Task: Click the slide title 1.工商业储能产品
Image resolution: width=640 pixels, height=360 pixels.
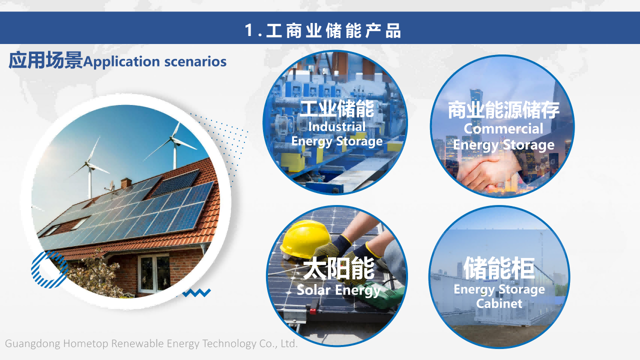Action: pyautogui.click(x=323, y=30)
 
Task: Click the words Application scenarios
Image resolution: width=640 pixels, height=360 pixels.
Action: pyautogui.click(x=155, y=61)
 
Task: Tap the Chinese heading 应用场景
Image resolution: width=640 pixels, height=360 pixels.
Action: pyautogui.click(x=45, y=60)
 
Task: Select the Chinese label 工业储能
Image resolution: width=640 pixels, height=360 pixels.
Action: pyautogui.click(x=337, y=108)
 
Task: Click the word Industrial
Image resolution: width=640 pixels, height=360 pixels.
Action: pyautogui.click(x=337, y=126)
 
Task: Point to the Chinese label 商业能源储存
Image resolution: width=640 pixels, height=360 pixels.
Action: pyautogui.click(x=503, y=110)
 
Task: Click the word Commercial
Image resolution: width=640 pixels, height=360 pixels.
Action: pyautogui.click(x=503, y=128)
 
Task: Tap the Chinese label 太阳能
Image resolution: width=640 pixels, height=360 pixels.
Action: pyautogui.click(x=338, y=268)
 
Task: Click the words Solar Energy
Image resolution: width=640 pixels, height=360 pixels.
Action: pyautogui.click(x=338, y=290)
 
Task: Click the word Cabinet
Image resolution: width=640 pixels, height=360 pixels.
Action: pyautogui.click(x=499, y=303)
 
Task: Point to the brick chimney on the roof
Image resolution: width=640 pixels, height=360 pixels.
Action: pyautogui.click(x=126, y=183)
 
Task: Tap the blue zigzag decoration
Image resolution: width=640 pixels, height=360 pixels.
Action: pyautogui.click(x=196, y=293)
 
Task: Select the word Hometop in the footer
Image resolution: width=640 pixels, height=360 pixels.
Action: pyautogui.click(x=85, y=343)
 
